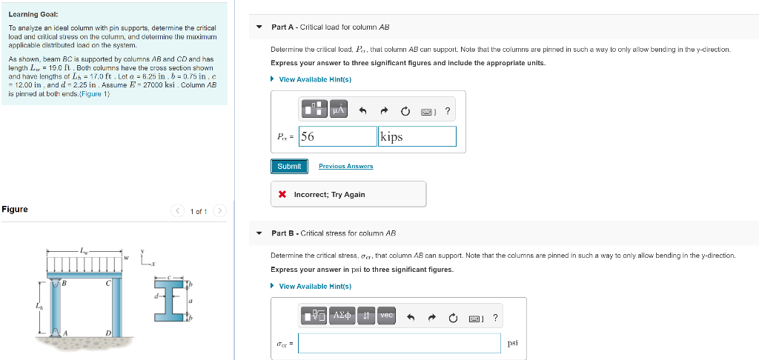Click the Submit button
289,166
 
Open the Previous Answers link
345,166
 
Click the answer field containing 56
338,136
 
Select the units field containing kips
417,136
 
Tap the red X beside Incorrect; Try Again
282,195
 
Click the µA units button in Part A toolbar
338,111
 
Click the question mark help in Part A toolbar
447,112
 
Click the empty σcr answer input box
400,343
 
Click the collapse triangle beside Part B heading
259,233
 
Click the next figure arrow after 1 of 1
219,212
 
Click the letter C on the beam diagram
107,281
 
